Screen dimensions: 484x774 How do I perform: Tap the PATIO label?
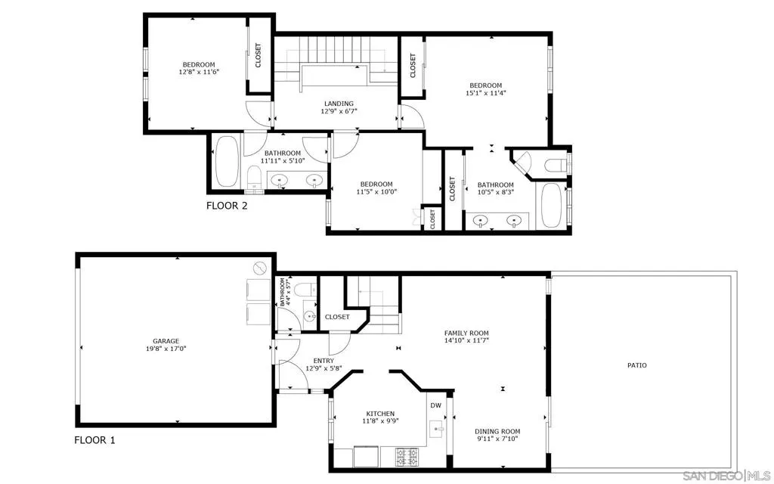pos(636,365)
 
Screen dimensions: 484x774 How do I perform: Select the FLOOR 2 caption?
pos(227,205)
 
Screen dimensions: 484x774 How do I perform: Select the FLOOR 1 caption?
pos(94,439)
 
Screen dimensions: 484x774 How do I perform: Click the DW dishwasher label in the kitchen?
pos(435,405)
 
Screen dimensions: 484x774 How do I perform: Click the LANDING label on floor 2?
pos(339,104)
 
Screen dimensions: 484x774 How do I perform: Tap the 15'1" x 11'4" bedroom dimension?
pos(486,94)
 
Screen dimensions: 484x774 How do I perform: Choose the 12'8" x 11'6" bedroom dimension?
pos(198,73)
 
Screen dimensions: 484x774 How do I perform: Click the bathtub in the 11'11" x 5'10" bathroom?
pos(226,162)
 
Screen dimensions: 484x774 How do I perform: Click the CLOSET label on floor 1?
pos(337,317)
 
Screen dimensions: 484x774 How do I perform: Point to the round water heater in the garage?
pos(259,268)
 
